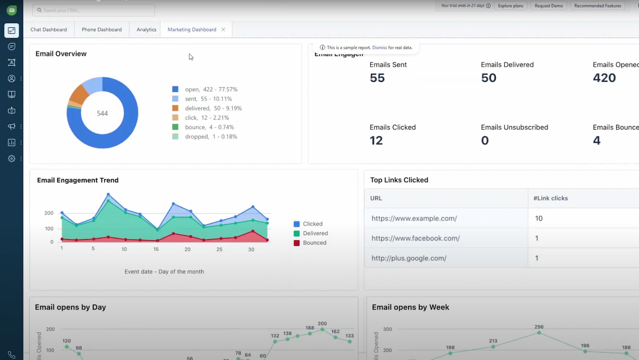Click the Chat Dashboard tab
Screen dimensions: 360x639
click(49, 30)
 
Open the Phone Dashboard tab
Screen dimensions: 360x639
click(102, 30)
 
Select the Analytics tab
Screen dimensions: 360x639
click(146, 30)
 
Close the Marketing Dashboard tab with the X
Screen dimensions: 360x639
click(223, 30)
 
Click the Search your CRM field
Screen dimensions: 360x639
click(94, 10)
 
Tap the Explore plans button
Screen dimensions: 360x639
click(510, 6)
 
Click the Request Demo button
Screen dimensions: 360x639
click(548, 6)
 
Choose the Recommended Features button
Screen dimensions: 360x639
click(597, 6)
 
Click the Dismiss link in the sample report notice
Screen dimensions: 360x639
click(379, 47)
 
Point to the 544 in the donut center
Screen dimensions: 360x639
click(102, 113)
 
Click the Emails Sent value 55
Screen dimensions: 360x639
click(377, 78)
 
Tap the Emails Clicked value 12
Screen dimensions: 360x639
click(376, 140)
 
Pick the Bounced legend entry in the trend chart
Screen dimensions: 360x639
click(314, 243)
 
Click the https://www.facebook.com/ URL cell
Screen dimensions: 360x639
click(415, 238)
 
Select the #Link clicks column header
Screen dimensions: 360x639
click(551, 198)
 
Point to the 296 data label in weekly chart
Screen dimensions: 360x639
click(539, 327)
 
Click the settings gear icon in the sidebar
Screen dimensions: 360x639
click(12, 159)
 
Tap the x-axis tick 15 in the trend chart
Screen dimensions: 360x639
click(156, 249)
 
